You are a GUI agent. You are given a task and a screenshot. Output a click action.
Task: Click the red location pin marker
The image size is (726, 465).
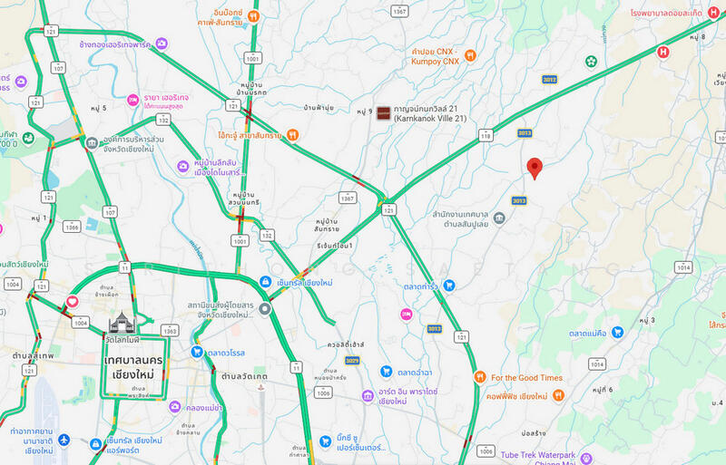point(535,168)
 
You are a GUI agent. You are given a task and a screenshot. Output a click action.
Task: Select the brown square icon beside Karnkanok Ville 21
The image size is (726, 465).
point(383,112)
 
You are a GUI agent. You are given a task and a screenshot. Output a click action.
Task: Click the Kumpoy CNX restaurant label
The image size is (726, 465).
point(432,56)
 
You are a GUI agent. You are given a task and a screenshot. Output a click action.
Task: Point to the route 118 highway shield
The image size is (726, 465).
point(486,135)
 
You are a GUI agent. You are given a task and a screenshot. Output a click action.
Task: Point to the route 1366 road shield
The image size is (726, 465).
point(71,227)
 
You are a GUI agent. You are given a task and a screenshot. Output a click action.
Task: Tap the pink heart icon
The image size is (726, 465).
point(72,302)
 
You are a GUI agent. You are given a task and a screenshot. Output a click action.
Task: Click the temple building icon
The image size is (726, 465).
point(120,322)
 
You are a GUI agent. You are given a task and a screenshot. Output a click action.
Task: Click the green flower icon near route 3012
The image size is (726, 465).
point(591,62)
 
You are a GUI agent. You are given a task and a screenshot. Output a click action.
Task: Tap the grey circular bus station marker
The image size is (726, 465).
point(265,309)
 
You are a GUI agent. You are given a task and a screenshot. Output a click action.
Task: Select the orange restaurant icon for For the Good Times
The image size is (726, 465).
point(478,377)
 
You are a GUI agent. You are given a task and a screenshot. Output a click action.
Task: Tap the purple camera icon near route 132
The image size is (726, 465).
point(184,167)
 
